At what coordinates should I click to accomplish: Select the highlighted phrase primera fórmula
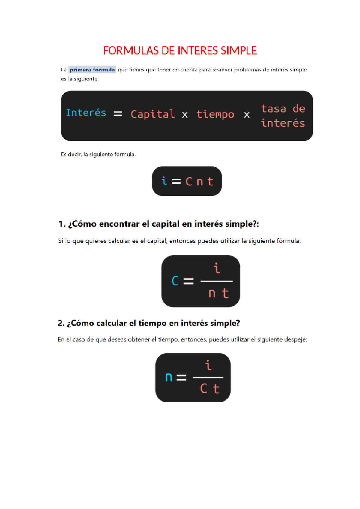tap(92, 70)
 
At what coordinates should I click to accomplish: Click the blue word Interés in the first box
tap(86, 113)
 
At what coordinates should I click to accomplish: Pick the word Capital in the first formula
tap(153, 114)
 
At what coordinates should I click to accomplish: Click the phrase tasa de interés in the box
tap(283, 116)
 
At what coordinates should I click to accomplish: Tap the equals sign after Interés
tap(118, 114)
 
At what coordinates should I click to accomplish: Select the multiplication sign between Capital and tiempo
tap(185, 115)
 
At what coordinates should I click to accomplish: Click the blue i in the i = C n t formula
tap(164, 181)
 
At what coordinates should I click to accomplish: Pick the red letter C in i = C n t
tap(189, 182)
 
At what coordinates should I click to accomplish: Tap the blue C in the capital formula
tap(175, 281)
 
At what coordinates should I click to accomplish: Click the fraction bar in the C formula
tap(217, 281)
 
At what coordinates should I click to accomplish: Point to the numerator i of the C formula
tap(217, 268)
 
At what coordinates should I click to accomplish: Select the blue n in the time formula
tap(169, 377)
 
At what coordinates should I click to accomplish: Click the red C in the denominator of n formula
tap(204, 389)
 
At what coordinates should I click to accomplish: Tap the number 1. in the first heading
tap(62, 224)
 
